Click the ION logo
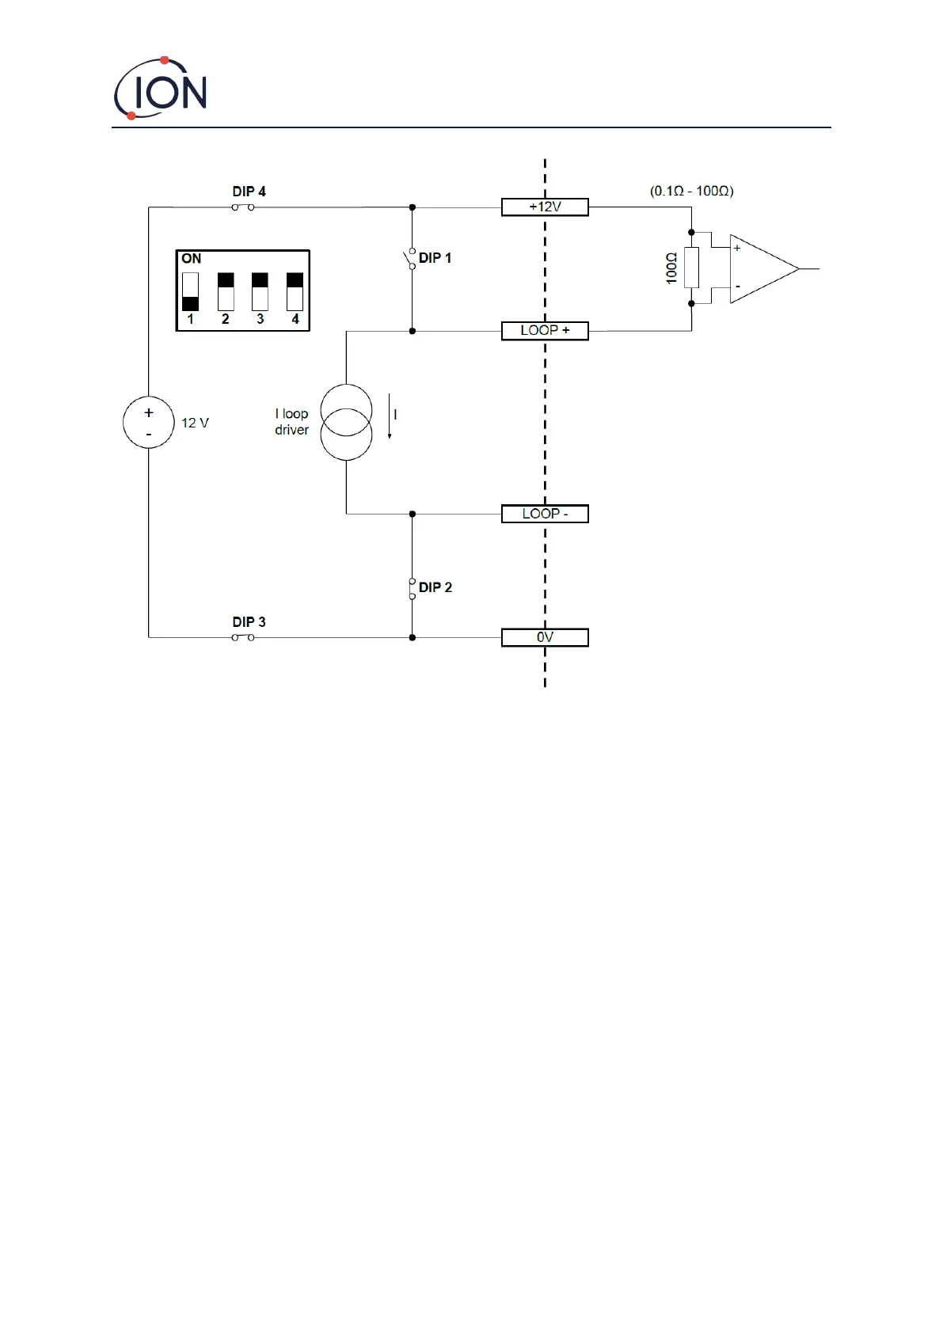pos(161,89)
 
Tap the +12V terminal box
pos(545,207)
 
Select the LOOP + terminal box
pos(545,331)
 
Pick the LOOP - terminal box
pos(545,515)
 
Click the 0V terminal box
pos(545,638)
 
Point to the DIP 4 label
pos(249,192)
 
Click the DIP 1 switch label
pos(435,258)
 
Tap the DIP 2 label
pos(435,587)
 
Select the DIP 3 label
pos(249,622)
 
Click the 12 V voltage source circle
pos(148,423)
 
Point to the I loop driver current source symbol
pos(346,423)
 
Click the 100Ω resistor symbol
pos(691,268)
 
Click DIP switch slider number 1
pos(191,292)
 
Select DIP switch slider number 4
pos(295,292)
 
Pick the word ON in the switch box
pos(191,259)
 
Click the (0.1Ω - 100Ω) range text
pos(691,192)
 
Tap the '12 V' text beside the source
pos(195,423)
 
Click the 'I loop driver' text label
pos(291,422)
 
